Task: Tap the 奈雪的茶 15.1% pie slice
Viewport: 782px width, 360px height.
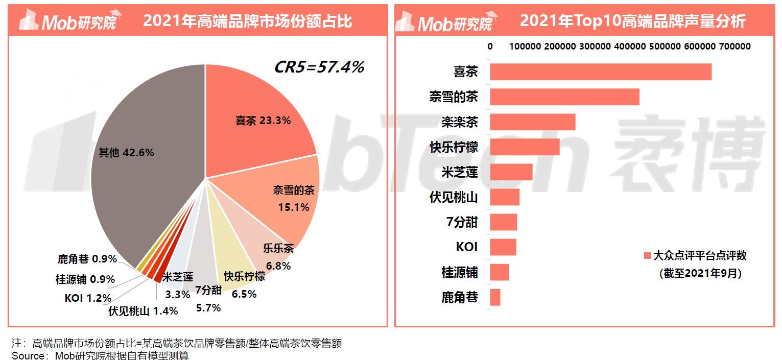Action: click(x=291, y=199)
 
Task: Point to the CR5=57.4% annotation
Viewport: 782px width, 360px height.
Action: click(x=319, y=67)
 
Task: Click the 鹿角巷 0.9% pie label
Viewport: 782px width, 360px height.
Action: click(x=87, y=259)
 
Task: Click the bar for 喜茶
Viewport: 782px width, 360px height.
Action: click(x=601, y=72)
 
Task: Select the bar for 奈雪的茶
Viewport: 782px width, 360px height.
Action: click(x=564, y=97)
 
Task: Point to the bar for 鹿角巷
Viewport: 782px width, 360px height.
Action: click(x=495, y=297)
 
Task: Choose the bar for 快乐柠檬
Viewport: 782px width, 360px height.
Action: click(x=525, y=147)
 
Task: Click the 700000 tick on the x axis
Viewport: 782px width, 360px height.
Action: click(x=734, y=46)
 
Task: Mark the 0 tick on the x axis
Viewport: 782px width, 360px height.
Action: click(x=490, y=46)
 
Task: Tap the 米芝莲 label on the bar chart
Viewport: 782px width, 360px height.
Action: click(x=460, y=172)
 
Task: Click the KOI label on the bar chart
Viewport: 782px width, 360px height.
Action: click(x=466, y=247)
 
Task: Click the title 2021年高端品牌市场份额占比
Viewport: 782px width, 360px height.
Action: click(x=248, y=21)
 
